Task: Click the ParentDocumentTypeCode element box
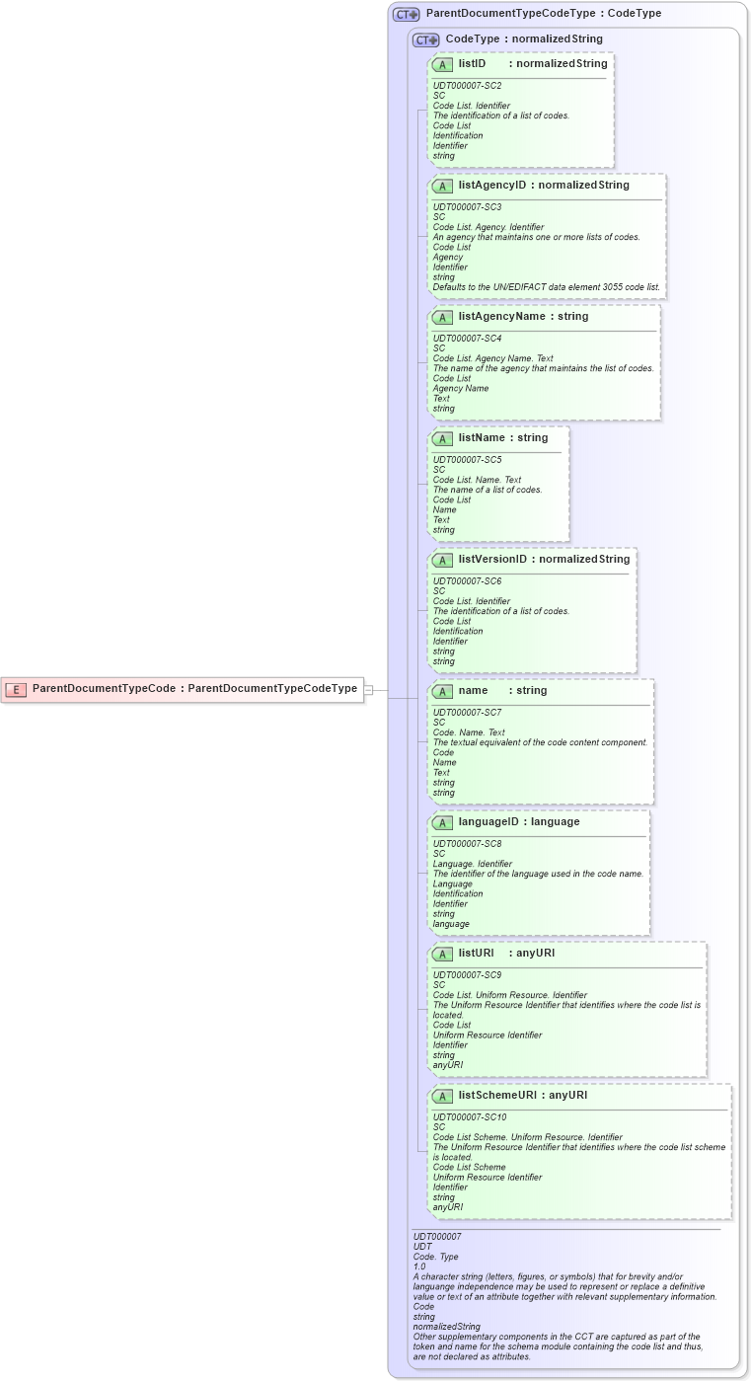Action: tap(183, 689)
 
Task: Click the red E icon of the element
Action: tap(15, 689)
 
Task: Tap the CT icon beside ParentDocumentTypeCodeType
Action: tap(406, 15)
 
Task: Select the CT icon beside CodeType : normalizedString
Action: tap(425, 39)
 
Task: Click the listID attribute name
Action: tap(473, 64)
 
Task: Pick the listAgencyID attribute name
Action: tap(492, 186)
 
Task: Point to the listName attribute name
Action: tap(482, 438)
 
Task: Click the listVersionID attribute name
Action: tap(492, 560)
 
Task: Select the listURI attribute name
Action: tap(476, 954)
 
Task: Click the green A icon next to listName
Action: tap(442, 439)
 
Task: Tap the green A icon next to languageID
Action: tap(442, 823)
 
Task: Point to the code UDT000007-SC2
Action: tap(467, 86)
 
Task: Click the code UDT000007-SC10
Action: tap(470, 1117)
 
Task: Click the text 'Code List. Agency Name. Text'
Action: tap(492, 358)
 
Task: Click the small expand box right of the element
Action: tap(368, 690)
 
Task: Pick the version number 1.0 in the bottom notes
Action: tap(419, 1266)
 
